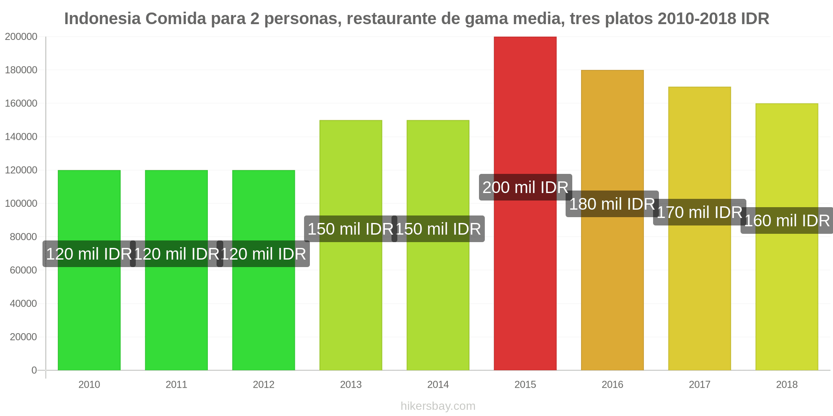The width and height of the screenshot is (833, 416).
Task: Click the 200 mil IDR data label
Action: (525, 187)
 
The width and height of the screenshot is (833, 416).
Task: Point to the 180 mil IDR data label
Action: (612, 204)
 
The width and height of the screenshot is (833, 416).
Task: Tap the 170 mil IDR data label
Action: (700, 212)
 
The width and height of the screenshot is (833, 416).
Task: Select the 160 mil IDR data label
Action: (787, 220)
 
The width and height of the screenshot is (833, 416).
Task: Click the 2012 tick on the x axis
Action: (264, 384)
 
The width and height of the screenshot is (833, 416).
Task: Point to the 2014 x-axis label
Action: (438, 384)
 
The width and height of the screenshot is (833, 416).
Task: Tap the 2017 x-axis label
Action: (700, 384)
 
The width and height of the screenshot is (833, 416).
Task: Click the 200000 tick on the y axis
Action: (21, 37)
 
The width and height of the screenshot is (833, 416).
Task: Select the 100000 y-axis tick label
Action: (21, 203)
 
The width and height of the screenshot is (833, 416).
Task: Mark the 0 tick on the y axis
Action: (34, 370)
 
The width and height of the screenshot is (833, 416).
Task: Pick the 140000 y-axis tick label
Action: (21, 137)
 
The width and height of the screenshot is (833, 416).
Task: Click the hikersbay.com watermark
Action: (438, 406)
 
